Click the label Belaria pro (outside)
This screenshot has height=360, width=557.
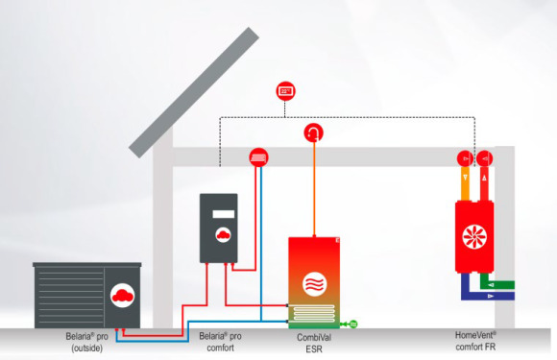coord(87,342)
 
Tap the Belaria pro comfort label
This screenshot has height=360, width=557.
coord(220,342)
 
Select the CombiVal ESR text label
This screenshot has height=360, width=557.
coord(314,343)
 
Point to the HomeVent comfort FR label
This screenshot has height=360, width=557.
coord(475,341)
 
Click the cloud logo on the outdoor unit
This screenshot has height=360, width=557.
coord(123,296)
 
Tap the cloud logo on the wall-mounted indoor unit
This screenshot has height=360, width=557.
coord(223,234)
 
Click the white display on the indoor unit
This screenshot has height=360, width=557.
coord(224,214)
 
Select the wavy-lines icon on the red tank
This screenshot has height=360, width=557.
coord(315,284)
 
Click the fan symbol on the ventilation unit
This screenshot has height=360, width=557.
coord(474,236)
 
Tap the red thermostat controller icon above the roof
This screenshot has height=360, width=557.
coord(285,91)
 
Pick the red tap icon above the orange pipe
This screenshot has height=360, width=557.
coord(314,132)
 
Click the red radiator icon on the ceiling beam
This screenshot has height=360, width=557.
coord(258,157)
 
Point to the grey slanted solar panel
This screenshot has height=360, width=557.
coord(194,92)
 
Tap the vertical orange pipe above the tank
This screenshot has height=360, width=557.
coord(314,189)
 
